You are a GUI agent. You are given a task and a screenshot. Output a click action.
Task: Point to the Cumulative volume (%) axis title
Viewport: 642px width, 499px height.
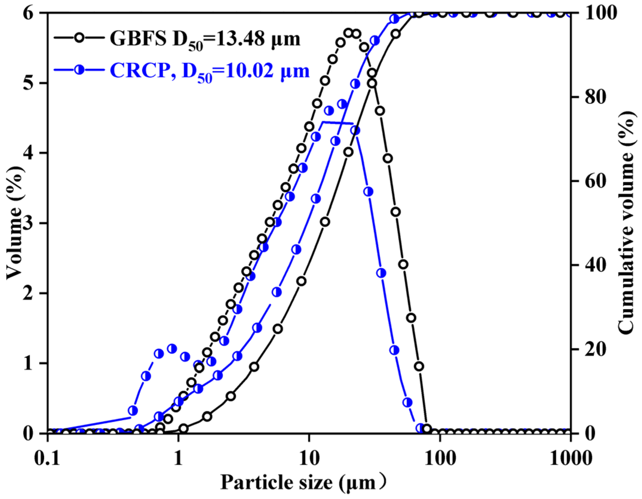626,223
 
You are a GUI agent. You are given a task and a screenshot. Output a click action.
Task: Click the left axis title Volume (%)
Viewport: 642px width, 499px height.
14,223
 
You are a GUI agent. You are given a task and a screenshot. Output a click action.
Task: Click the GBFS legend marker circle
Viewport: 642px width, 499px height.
79,38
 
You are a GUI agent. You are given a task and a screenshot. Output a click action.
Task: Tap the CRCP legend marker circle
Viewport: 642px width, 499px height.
79,70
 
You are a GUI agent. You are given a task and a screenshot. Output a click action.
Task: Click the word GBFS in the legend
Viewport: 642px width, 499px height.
138,39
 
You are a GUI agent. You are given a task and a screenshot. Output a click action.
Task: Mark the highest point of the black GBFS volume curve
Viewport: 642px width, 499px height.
348,33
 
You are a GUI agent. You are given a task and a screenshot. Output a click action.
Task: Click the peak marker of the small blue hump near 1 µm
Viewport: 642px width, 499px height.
172,349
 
